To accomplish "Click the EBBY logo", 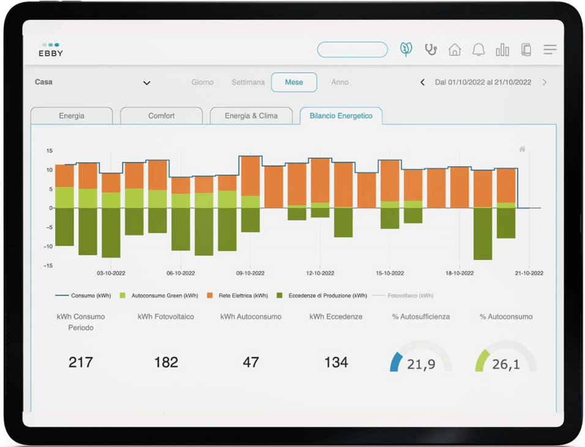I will (51, 50).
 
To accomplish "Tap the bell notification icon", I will (479, 50).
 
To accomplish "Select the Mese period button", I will (294, 82).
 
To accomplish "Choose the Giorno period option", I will (203, 82).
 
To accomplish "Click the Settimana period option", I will (248, 82).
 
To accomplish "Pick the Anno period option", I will (340, 82).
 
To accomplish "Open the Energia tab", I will (72, 116).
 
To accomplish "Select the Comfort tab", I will (162, 116).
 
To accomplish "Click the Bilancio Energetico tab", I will (341, 116).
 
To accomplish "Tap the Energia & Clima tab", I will (251, 116).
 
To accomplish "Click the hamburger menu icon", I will (550, 50).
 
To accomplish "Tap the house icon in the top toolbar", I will (455, 50).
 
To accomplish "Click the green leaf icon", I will (406, 50).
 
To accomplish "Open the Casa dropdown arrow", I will (147, 83).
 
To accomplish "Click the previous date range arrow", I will (422, 82).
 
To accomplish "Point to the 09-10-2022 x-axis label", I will (250, 273).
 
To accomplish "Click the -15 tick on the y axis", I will (50, 266).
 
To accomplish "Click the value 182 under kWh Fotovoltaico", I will (166, 362).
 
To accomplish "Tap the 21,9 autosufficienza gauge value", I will (421, 365).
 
